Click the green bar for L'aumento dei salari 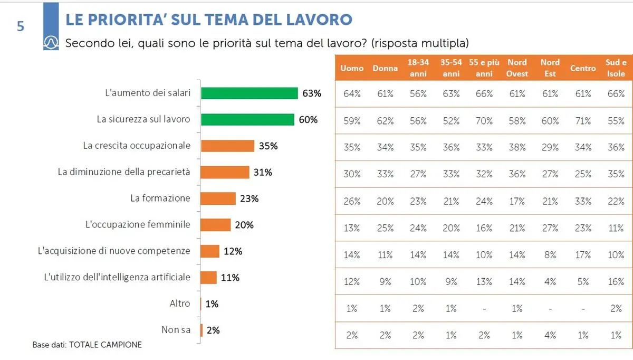(250, 93)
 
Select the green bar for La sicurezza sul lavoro (247, 120)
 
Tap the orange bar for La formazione (218, 198)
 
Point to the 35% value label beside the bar (268, 146)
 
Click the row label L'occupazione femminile (138, 225)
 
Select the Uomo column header (352, 69)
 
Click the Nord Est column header (550, 69)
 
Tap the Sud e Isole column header (616, 69)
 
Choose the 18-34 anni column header (418, 69)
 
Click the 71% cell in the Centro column (583, 121)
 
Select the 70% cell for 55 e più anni (484, 121)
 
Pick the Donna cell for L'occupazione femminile (385, 228)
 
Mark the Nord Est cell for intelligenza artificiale (550, 281)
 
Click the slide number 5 (21, 26)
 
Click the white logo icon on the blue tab (51, 42)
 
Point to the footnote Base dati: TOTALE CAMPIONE (87, 345)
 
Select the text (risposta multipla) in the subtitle (420, 43)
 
